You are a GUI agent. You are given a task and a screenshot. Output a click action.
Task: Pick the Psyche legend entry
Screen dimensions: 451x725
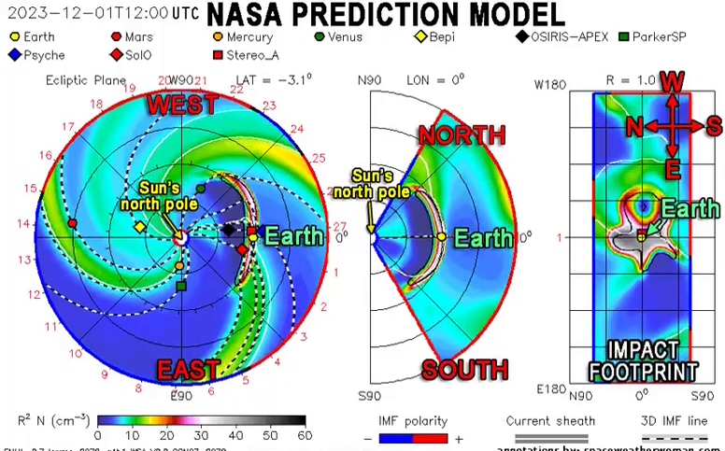(37, 55)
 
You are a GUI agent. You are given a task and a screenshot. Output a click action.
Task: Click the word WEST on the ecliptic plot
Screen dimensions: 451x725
(182, 105)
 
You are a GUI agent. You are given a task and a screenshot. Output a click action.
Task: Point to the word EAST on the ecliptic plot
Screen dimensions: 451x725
(189, 371)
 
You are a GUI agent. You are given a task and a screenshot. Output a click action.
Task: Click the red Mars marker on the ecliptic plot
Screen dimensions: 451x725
(73, 223)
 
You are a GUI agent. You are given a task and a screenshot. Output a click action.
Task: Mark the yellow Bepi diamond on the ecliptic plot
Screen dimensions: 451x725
(139, 227)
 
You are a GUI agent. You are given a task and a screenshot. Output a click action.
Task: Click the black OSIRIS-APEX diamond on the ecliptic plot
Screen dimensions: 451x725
(229, 229)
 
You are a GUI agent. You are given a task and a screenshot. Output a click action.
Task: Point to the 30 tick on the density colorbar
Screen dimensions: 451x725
(201, 435)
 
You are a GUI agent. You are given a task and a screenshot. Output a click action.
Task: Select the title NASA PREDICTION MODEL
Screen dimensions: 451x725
(386, 15)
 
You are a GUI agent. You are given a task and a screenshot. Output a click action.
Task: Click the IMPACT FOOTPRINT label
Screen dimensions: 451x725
(643, 361)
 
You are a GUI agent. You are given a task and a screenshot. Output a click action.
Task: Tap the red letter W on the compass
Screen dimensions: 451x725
(671, 82)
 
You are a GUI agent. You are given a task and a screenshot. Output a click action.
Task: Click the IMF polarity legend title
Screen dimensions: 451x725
(412, 421)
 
